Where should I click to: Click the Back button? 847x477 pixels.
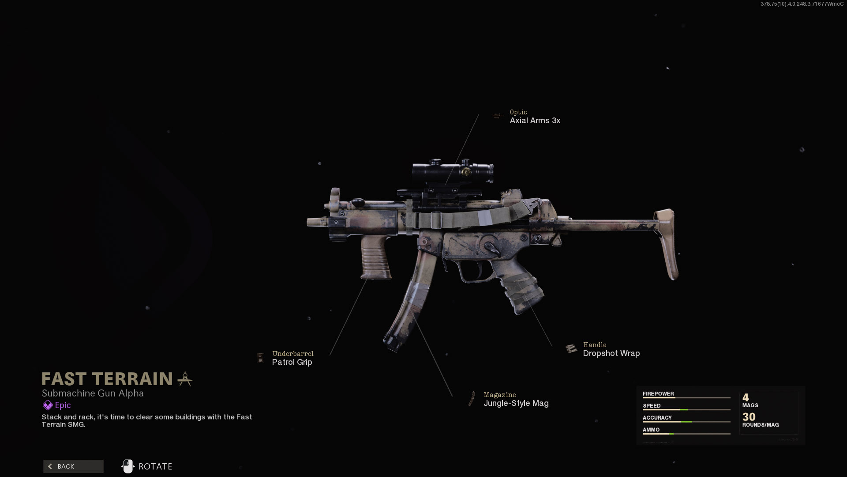click(73, 466)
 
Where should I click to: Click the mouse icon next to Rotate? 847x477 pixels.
click(127, 466)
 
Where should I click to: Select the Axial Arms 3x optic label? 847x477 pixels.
click(535, 121)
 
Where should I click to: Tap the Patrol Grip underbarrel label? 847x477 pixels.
click(292, 362)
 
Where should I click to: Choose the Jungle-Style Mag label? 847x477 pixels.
click(516, 403)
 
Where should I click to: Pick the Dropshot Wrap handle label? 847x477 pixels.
click(611, 353)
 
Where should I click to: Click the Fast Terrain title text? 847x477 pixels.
click(107, 379)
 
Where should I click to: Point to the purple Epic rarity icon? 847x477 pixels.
click(48, 405)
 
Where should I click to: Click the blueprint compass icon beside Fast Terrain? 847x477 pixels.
click(185, 379)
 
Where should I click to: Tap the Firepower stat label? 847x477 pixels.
click(658, 394)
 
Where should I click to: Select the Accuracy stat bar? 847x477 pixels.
click(686, 422)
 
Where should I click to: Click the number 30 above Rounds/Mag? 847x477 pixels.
click(749, 417)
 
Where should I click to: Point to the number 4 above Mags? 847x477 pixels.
click(746, 397)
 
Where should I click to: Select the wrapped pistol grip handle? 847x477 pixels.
click(521, 287)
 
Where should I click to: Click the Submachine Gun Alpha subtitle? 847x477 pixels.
click(93, 393)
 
